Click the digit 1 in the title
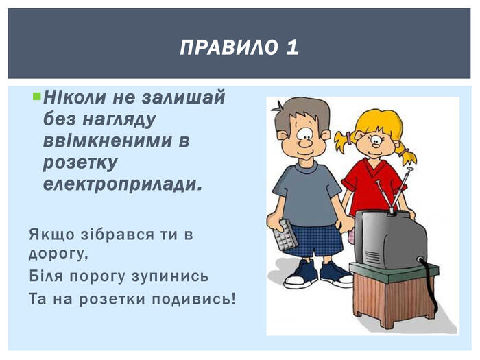292,47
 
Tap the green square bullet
36,97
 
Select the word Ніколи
74,97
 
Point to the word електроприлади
123,185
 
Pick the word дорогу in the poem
58,254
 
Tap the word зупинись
170,277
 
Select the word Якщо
51,235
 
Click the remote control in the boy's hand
285,235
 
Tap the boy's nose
305,143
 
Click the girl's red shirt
372,186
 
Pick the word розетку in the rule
80,163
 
